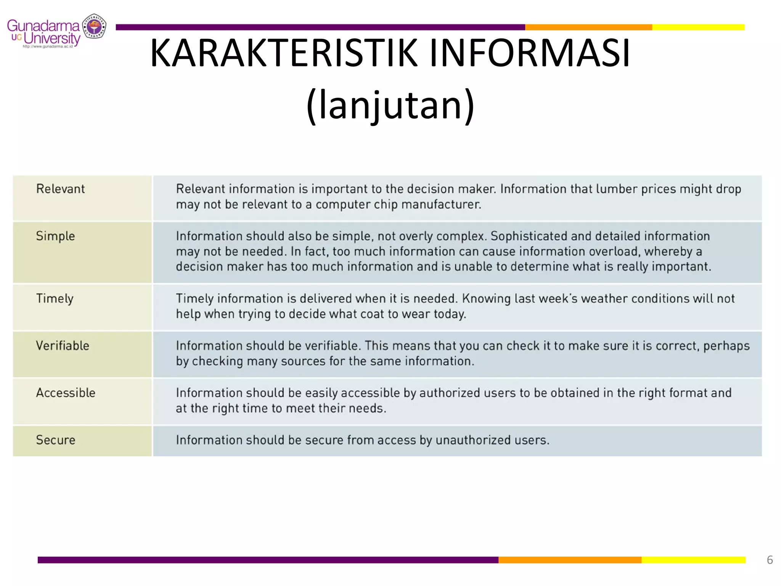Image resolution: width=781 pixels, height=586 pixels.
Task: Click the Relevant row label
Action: click(60, 189)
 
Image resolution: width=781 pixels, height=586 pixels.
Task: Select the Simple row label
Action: click(55, 236)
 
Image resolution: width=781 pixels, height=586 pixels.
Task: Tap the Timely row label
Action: click(55, 299)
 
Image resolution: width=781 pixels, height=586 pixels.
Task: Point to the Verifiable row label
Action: click(63, 346)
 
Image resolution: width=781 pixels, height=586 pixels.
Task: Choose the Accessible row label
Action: click(66, 393)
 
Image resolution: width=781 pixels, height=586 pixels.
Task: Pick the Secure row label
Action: click(56, 440)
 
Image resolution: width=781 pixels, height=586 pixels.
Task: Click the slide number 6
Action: click(770, 560)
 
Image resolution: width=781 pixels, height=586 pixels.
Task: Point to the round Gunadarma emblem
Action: click(94, 26)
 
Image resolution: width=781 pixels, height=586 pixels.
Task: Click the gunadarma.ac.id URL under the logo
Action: click(48, 47)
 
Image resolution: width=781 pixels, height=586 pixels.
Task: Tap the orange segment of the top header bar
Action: click(588, 27)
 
